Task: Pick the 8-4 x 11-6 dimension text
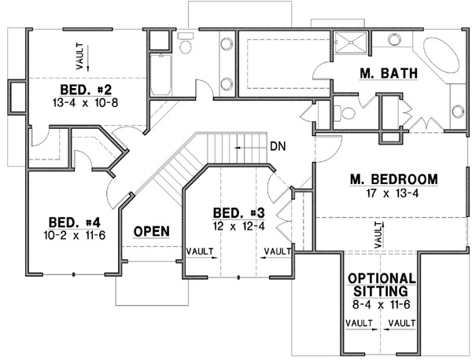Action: (x=382, y=304)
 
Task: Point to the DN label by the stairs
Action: (x=277, y=145)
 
